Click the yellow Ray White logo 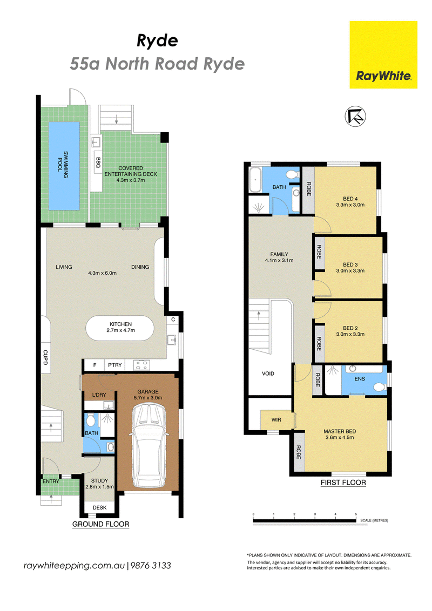[383, 55]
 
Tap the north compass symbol [355, 116]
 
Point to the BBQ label [98, 162]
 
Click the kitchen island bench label [120, 327]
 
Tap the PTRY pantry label [115, 365]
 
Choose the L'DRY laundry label [99, 395]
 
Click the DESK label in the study [99, 507]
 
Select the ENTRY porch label [51, 481]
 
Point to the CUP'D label [45, 357]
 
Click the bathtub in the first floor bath [255, 180]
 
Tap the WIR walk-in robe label [276, 420]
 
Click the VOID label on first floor [268, 374]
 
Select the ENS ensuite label [360, 378]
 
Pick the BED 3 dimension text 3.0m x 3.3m [350, 270]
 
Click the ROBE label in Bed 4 [308, 189]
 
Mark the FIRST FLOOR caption [343, 483]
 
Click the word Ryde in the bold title [157, 41]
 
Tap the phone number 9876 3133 [151, 566]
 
